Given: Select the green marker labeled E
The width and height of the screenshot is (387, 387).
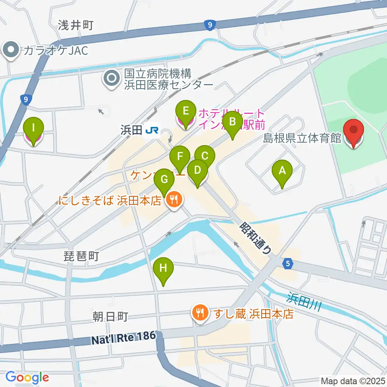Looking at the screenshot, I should point(185,111).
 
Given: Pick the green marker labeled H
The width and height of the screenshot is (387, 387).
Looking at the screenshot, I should point(163,268).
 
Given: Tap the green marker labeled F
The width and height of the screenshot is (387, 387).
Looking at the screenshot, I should point(180,156).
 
